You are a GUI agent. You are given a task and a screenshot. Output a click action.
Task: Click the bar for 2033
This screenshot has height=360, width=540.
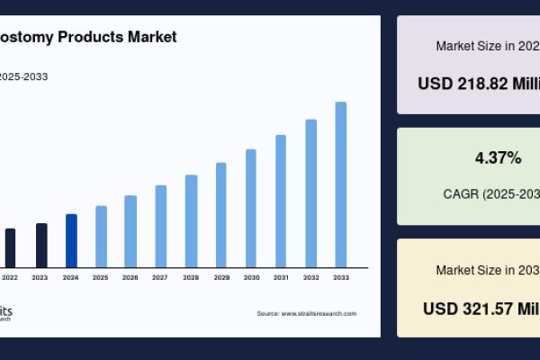[x=341, y=184]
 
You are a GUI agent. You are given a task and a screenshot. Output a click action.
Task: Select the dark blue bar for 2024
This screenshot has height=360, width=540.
[x=71, y=240]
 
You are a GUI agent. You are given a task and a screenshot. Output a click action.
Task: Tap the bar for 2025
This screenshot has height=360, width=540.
[x=101, y=236]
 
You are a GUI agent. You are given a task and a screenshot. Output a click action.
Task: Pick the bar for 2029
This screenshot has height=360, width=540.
[x=220, y=214]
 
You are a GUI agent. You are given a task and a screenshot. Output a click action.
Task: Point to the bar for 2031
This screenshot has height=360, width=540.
[x=281, y=201]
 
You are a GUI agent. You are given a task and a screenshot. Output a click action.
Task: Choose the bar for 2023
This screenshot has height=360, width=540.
[x=41, y=245]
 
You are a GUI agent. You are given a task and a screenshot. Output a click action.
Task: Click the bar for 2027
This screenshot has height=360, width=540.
[x=161, y=226]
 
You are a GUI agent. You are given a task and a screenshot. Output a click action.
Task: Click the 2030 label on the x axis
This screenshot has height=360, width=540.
[x=251, y=277]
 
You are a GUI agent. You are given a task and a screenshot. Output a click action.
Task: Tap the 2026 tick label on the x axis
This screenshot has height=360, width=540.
[x=130, y=277]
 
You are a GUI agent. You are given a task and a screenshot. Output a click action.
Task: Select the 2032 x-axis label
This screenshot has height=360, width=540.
[x=310, y=277]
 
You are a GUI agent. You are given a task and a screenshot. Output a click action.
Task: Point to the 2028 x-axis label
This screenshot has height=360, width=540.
[x=191, y=277]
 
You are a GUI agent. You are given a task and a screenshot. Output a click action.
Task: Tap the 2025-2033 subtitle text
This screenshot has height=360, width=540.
[x=23, y=76]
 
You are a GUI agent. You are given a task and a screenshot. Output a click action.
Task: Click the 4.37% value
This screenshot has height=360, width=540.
[x=498, y=158]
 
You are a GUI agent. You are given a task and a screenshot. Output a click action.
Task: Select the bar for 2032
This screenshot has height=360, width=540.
[x=310, y=193]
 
